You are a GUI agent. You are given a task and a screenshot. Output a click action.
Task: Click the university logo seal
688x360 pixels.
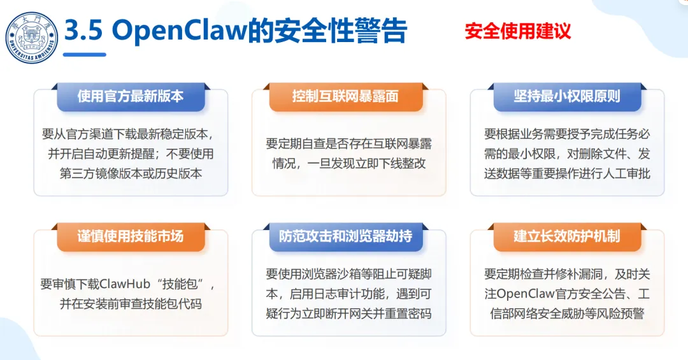click(32, 38)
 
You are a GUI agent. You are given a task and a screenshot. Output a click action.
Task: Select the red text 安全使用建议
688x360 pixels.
click(517, 31)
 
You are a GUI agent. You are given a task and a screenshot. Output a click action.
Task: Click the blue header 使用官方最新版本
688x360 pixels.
click(131, 96)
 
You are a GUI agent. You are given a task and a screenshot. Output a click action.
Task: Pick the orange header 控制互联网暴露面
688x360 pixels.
click(345, 96)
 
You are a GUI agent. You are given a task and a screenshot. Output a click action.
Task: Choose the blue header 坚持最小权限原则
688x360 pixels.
click(567, 96)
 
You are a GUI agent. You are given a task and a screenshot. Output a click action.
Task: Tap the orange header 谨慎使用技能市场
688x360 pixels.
click(131, 236)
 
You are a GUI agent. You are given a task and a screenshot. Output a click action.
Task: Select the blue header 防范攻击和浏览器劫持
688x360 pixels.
click(345, 236)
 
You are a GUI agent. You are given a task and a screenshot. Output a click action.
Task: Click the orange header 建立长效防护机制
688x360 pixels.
click(567, 236)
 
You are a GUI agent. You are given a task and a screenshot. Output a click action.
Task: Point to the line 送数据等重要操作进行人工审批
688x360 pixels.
click(567, 173)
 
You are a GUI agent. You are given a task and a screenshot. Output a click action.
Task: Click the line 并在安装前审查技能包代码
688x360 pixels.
click(131, 304)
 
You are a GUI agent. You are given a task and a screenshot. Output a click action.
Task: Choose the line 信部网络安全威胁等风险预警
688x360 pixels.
click(567, 313)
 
